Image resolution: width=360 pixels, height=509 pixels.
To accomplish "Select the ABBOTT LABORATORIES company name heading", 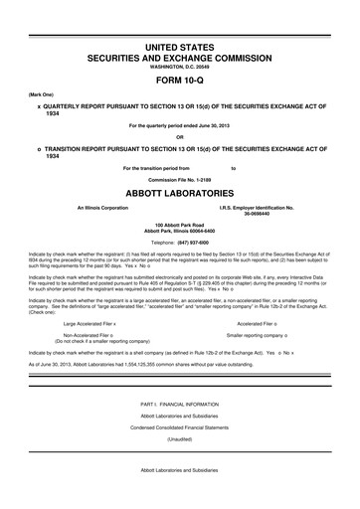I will [179, 196].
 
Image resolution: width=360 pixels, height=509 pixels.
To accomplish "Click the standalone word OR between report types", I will [179, 137].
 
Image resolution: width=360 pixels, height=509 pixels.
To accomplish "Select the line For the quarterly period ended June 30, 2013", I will [179, 124].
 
